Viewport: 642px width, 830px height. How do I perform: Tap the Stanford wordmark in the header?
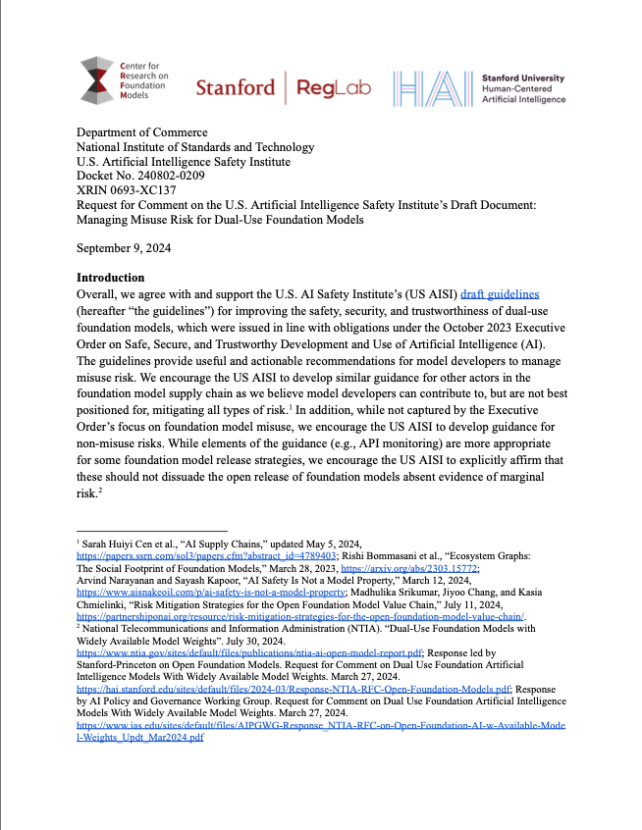point(236,87)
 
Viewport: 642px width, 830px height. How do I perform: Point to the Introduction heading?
point(110,278)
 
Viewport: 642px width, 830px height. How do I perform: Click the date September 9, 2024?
point(124,247)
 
